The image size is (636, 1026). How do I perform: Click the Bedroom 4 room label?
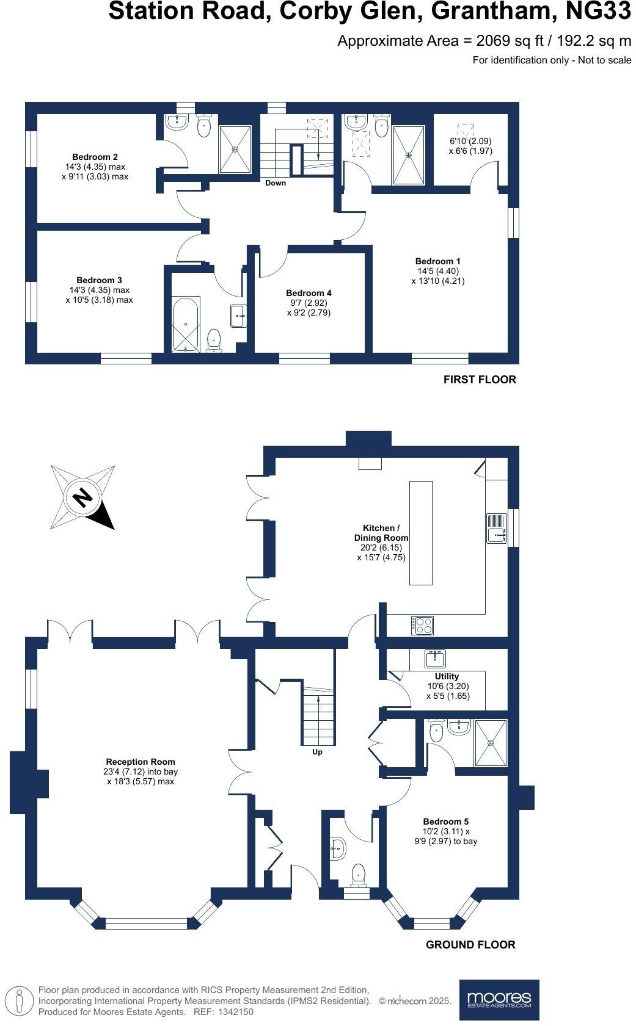[309, 293]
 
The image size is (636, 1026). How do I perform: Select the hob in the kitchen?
[423, 624]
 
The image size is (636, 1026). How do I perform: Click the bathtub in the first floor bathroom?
[186, 324]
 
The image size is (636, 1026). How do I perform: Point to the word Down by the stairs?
[275, 182]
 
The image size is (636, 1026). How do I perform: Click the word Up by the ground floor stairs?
[317, 752]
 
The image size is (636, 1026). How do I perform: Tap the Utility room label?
[447, 676]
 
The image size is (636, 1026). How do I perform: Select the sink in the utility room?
[436, 659]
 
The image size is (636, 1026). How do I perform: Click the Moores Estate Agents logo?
[499, 1000]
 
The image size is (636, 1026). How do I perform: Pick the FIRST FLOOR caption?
[480, 380]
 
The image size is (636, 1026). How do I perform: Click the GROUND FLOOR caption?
[470, 944]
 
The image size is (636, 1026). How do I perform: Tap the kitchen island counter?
[420, 533]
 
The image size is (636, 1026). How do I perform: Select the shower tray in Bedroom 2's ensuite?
[235, 148]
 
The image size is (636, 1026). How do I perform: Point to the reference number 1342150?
[232, 1011]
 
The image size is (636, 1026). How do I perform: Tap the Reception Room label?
[141, 762]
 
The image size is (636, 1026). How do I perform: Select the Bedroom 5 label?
[446, 822]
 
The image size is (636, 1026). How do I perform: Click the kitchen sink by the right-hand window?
[495, 529]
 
